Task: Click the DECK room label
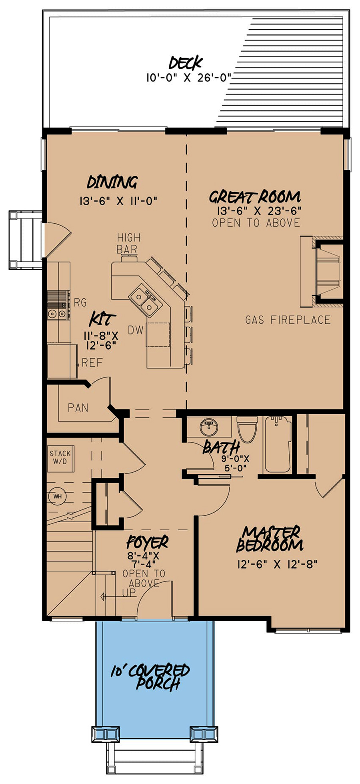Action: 186,63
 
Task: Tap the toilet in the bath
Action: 247,429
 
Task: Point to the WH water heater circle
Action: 58,496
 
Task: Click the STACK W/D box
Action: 60,458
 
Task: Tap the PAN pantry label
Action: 78,408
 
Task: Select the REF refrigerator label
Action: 92,363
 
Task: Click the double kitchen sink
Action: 143,301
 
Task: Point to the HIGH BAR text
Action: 128,243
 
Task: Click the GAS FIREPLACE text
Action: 288,320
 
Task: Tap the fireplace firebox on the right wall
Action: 328,271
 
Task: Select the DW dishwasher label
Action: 136,330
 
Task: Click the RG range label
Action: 80,303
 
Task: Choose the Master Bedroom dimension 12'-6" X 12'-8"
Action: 277,564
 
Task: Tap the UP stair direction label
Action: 129,593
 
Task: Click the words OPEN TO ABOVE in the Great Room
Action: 256,223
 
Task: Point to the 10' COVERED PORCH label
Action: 150,677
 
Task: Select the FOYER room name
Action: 147,543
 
